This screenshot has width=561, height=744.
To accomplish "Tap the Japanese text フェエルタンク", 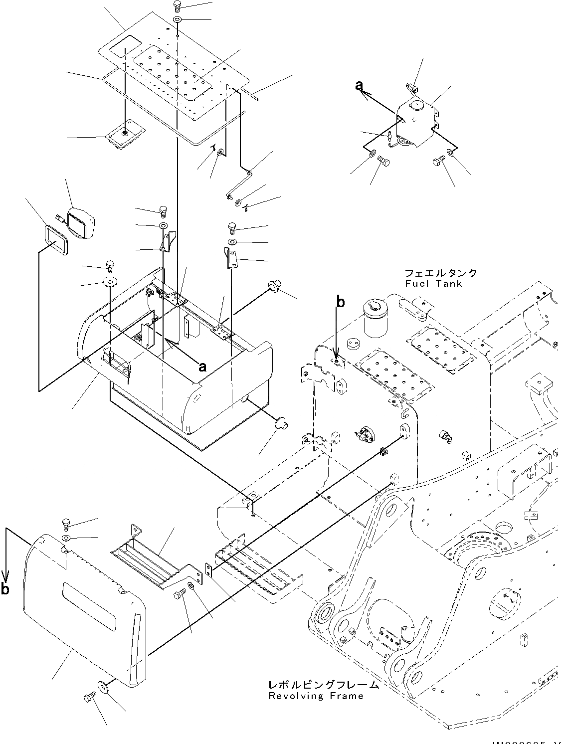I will (x=441, y=273).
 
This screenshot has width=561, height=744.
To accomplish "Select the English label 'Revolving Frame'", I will (x=316, y=696).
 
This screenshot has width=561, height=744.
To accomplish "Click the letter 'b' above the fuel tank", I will (x=340, y=302).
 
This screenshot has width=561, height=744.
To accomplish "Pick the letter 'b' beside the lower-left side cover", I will (x=5, y=589).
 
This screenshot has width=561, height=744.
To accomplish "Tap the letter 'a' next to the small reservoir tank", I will (x=359, y=85).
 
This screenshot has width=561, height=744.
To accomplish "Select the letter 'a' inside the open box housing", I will (x=202, y=367).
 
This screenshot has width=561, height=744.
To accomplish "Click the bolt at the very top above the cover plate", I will (x=177, y=6).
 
